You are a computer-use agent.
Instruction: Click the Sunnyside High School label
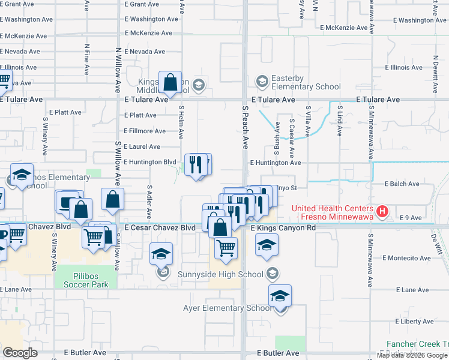coord(221,274)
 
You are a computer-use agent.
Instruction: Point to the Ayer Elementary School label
coord(227,308)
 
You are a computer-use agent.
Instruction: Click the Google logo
coord(20,353)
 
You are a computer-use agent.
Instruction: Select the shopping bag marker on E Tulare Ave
coord(170,82)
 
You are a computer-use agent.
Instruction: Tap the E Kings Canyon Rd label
coord(283,229)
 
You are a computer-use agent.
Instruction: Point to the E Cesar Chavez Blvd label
coord(160,229)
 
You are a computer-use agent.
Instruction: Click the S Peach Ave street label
coord(245,128)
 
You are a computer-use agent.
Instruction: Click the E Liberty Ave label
coord(411,322)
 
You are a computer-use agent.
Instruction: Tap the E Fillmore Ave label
coord(145,131)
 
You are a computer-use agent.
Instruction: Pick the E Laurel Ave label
coord(142,146)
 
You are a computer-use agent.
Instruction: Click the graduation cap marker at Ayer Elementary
coord(280,296)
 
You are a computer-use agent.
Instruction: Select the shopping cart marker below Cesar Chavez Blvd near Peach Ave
coord(226,247)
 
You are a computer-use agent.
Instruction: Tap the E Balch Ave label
coord(402,184)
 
